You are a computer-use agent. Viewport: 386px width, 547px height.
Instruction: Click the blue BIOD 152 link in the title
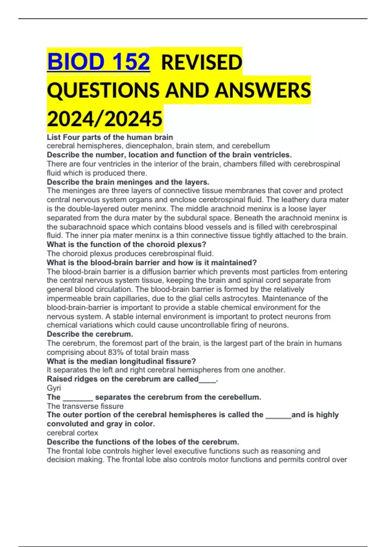(x=98, y=61)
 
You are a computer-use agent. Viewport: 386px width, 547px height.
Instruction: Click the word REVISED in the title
(x=201, y=62)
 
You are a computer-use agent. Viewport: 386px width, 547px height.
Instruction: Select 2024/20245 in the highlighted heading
(x=105, y=119)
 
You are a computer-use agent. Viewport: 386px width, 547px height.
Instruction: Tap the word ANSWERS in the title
(x=263, y=90)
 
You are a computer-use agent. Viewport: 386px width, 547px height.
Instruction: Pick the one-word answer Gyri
(x=54, y=388)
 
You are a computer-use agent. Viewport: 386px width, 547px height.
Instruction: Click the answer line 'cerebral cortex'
(x=72, y=433)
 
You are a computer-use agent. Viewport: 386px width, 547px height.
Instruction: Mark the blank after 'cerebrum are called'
(x=207, y=379)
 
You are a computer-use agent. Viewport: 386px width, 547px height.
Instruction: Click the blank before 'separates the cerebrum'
(x=78, y=397)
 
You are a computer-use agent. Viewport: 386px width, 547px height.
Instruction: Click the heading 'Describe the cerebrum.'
(x=90, y=334)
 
